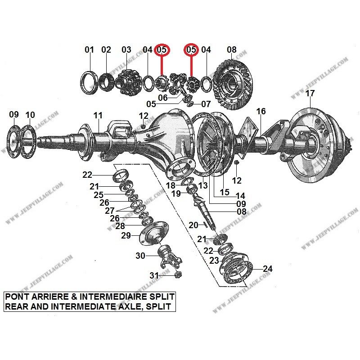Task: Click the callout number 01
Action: (90, 50)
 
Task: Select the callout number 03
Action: (126, 50)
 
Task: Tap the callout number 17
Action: (310, 94)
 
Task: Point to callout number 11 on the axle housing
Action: (98, 116)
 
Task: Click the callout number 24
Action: (267, 269)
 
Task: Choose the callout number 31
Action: (154, 275)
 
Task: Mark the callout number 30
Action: (141, 256)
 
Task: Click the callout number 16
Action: (261, 111)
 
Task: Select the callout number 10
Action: (30, 115)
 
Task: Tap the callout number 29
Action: (126, 236)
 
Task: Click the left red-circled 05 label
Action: (162, 50)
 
